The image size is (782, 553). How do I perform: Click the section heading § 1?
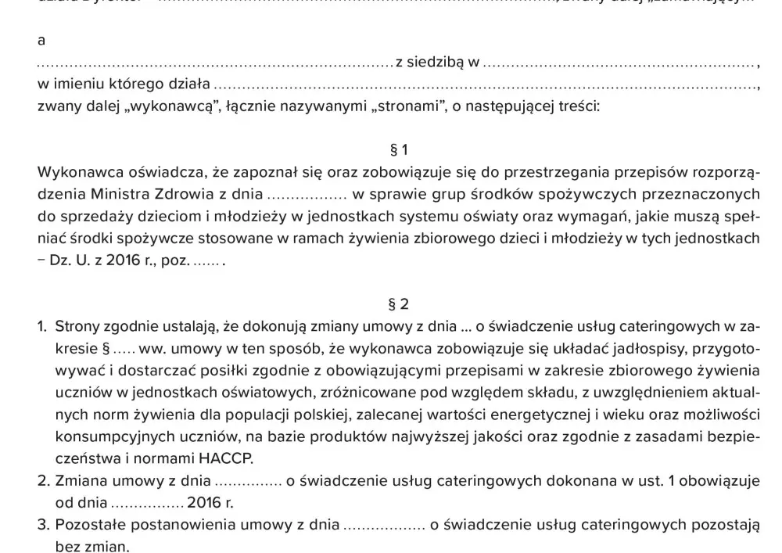coord(399,149)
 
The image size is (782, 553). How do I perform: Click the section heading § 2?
coord(399,303)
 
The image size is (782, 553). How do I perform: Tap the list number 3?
coord(43,525)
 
